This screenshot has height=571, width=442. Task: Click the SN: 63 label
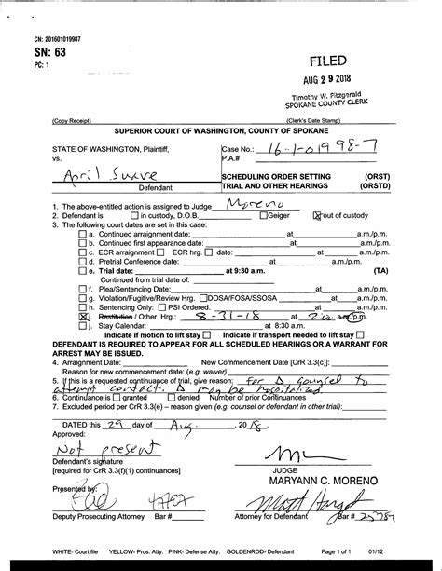(32, 53)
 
